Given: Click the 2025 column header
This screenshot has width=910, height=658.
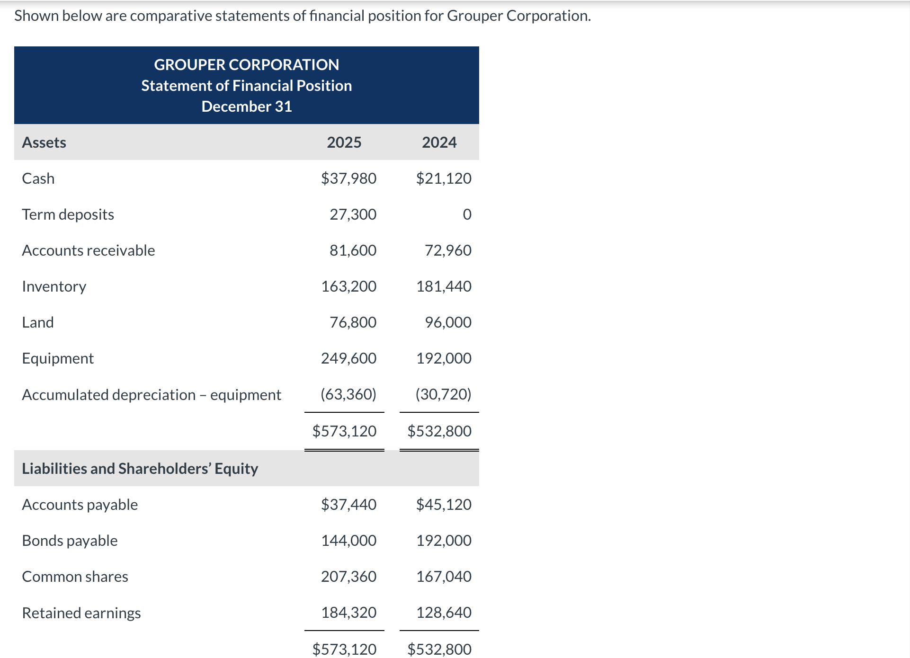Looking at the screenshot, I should coord(344,142).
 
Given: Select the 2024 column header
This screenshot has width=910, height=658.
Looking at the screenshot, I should coord(439,142).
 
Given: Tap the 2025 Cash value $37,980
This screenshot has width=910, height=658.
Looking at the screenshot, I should coord(348,178).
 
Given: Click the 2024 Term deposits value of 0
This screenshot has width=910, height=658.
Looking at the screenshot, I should coord(467,214).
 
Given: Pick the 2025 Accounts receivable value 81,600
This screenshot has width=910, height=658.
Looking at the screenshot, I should coord(353,250).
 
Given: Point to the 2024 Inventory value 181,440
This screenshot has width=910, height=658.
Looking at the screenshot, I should coord(444,286).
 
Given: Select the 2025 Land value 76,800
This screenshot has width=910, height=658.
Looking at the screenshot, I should coord(353,322).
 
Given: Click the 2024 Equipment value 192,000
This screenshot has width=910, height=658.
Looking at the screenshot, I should coord(444,358).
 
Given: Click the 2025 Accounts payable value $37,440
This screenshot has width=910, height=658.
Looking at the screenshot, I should coord(348,505).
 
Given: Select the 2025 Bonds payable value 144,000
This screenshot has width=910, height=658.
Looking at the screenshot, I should coord(348,541).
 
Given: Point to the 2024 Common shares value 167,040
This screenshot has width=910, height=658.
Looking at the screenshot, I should coord(444,577).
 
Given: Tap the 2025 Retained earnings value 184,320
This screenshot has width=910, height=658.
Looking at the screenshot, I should coord(348,613).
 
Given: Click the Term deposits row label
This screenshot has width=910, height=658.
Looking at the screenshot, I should coord(68,214).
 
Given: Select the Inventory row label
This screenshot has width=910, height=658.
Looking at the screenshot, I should coord(54,286).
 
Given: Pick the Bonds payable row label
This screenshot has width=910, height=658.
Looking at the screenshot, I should coord(70,541).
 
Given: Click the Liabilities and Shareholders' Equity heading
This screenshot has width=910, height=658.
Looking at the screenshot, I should coord(140,469).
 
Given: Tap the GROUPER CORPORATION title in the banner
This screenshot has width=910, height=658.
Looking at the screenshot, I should coord(246,65).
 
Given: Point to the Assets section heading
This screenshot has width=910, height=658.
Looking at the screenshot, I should coord(44,142).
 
